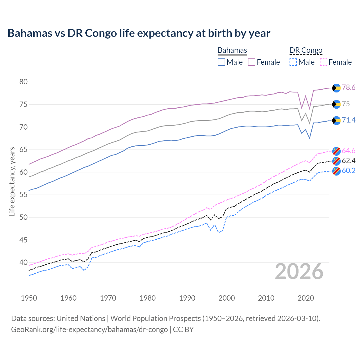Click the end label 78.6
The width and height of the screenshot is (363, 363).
pyautogui.click(x=349, y=87)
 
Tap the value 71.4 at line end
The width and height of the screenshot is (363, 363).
pyautogui.click(x=349, y=120)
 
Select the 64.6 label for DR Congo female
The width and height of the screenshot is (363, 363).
pyautogui.click(x=349, y=151)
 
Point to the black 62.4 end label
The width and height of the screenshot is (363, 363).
pyautogui.click(x=349, y=161)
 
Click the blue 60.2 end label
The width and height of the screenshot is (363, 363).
pyautogui.click(x=349, y=170)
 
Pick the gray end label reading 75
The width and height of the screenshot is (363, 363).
pyautogui.click(x=346, y=104)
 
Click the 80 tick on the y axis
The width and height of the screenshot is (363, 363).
pyautogui.click(x=24, y=82)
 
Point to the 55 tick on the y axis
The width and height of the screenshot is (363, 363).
pyautogui.click(x=24, y=195)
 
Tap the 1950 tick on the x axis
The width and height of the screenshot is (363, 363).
pyautogui.click(x=29, y=298)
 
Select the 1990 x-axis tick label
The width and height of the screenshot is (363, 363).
pyautogui.click(x=187, y=298)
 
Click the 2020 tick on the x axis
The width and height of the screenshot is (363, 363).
pyautogui.click(x=306, y=298)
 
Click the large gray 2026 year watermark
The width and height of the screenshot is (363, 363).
pyautogui.click(x=299, y=271)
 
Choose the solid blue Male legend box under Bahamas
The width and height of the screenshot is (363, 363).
pyautogui.click(x=221, y=62)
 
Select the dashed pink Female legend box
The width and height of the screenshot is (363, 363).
pyautogui.click(x=324, y=62)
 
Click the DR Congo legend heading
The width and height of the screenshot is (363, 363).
pyautogui.click(x=306, y=50)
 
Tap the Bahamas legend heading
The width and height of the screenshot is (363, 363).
pyautogui.click(x=232, y=50)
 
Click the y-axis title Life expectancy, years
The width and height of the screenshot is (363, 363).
pyautogui.click(x=12, y=181)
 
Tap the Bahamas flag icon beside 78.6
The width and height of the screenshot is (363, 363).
pyautogui.click(x=336, y=88)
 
